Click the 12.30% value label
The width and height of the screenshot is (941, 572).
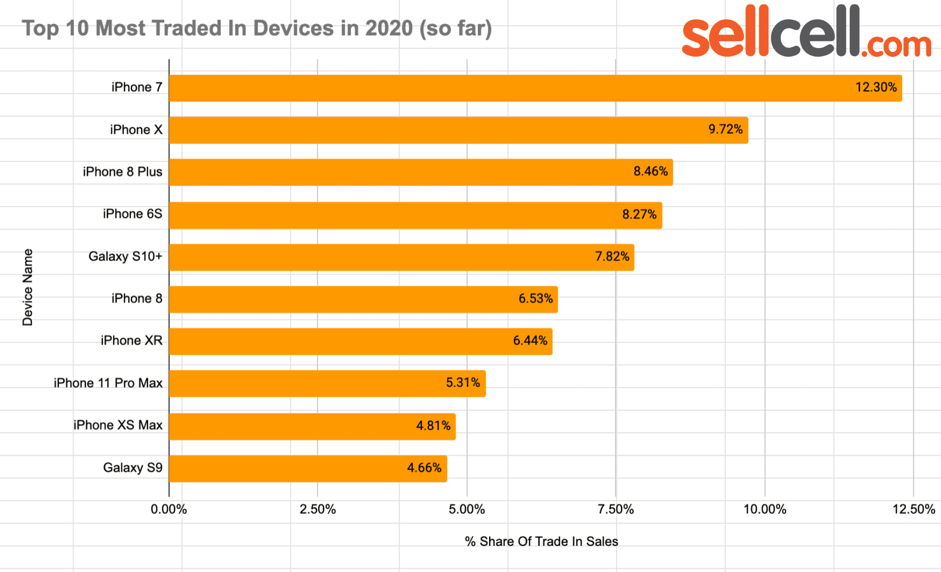[876, 87]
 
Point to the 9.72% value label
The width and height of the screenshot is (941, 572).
[725, 130]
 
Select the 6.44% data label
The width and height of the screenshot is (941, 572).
[530, 340]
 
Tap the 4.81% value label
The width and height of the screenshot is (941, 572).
[433, 425]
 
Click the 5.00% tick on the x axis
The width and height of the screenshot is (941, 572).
[467, 509]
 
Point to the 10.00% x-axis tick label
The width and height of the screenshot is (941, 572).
[765, 509]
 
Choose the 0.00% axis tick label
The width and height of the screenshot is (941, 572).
[169, 509]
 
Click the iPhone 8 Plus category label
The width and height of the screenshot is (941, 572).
[123, 172]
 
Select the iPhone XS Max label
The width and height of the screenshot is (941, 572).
[118, 425]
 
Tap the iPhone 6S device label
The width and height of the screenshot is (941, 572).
[132, 214]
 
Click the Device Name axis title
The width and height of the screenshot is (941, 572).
[27, 287]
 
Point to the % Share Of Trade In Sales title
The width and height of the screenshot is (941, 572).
[541, 542]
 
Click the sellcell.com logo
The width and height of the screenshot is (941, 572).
[806, 32]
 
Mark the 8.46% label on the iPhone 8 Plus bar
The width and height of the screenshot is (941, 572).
[650, 171]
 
